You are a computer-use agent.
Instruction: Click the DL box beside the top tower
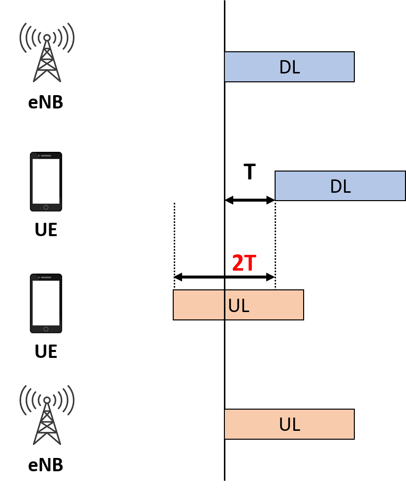point(289,67)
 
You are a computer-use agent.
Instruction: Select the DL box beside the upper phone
point(340,186)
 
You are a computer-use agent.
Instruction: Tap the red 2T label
point(244,263)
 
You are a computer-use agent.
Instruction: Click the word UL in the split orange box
point(239,306)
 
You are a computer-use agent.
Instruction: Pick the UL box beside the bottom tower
point(289,424)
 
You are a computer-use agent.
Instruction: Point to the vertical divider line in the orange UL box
point(225,305)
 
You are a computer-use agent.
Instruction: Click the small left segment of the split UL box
point(199,305)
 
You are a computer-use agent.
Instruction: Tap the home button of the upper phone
point(46,208)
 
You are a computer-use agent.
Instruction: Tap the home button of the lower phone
point(46,329)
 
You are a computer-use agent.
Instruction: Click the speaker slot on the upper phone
point(46,156)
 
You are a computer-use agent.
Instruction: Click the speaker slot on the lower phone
point(46,278)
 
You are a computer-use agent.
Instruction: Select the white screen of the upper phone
point(46,181)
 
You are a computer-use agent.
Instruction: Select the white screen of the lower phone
point(46,303)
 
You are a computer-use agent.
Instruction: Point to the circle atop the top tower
point(47,37)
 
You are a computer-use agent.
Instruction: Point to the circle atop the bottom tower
point(47,400)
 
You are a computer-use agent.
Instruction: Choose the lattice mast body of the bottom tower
point(47,424)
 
